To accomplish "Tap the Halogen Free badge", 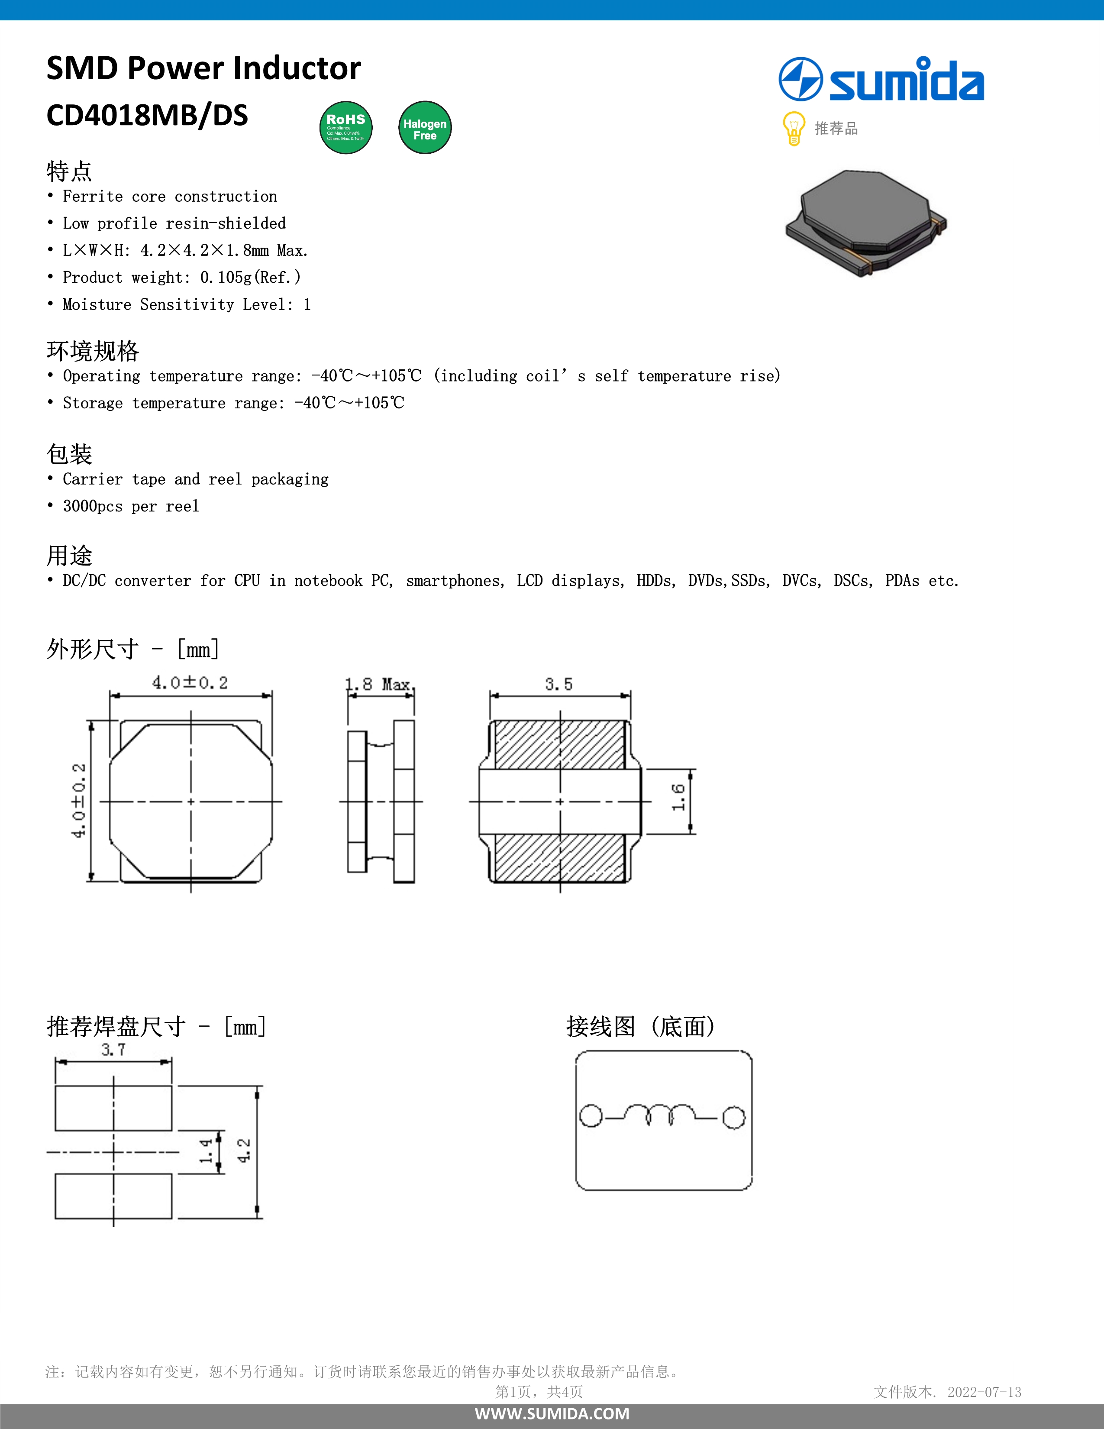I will (x=424, y=128).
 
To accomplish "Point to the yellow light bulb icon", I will (x=793, y=128).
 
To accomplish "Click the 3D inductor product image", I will (x=866, y=223).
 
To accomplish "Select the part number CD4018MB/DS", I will (x=147, y=116).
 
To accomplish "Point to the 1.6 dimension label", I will (x=678, y=798).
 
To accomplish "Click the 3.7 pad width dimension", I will (x=113, y=1050).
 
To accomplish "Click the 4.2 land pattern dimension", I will (x=243, y=1150).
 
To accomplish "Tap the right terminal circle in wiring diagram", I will (x=734, y=1118).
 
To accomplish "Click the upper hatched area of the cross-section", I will (x=559, y=745).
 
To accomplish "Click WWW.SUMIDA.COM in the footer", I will (x=552, y=1413).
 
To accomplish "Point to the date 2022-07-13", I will (x=985, y=1392).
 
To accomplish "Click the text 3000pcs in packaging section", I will (x=92, y=507).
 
